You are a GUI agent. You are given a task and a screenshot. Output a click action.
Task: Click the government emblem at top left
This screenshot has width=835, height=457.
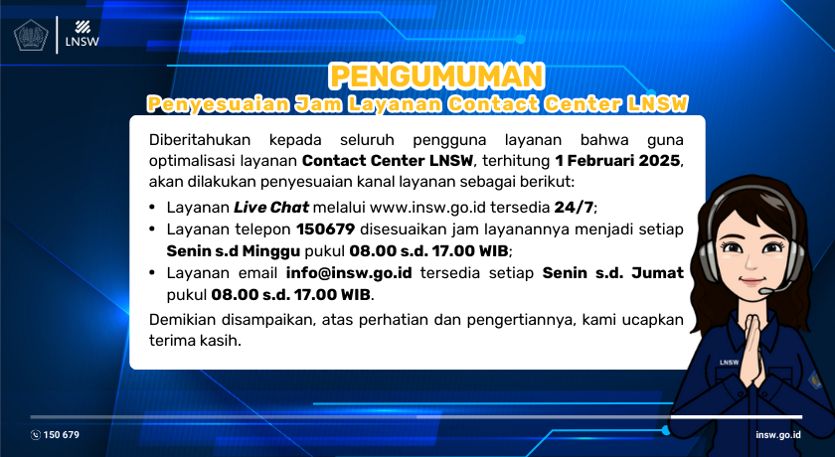[30, 35]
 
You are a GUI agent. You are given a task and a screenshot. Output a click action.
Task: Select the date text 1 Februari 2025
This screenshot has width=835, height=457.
[618, 160]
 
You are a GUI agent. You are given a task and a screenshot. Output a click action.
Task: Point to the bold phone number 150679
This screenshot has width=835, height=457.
[338, 228]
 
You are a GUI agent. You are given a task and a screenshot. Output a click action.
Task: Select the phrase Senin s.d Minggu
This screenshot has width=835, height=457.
[223, 250]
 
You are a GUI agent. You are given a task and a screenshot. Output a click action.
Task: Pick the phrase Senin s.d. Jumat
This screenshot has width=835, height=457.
[612, 272]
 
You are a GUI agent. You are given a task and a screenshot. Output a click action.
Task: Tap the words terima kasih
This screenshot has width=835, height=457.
[194, 340]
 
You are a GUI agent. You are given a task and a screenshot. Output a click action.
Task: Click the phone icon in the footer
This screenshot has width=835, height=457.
[36, 435]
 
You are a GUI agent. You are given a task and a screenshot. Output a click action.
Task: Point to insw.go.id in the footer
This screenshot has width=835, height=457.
[778, 435]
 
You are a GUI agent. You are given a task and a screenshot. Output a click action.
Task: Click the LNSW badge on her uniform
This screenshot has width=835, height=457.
[726, 362]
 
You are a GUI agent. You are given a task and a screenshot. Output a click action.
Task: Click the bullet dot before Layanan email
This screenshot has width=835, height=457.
[152, 273]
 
